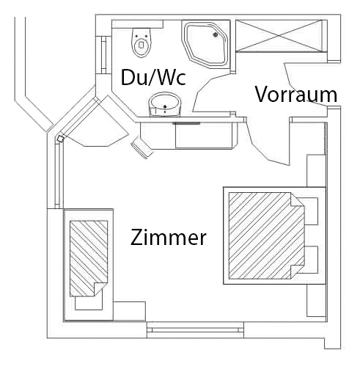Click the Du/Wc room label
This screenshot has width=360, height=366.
coord(153,77)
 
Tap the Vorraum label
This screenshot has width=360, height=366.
coord(296,94)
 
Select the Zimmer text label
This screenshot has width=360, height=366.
coord(169,237)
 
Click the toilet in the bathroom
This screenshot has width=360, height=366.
coord(142,43)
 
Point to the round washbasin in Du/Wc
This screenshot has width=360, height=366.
coord(165,104)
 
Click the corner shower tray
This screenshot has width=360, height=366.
coord(206,44)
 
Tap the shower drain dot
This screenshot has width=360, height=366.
coord(216,34)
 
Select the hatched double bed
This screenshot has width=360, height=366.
coord(267,235)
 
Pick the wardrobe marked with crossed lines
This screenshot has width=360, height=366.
coord(279,36)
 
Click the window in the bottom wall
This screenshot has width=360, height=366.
coord(195,330)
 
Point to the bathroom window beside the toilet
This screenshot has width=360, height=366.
coord(103,55)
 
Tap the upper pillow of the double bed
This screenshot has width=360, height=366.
coord(311,211)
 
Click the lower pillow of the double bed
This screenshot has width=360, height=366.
coord(311,260)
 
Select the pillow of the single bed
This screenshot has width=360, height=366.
coord(89,301)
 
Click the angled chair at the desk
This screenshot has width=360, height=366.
coord(142,147)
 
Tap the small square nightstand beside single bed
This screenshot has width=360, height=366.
coord(129,311)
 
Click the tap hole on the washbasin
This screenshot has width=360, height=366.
coord(165,107)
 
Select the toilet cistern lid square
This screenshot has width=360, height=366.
coord(142,45)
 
